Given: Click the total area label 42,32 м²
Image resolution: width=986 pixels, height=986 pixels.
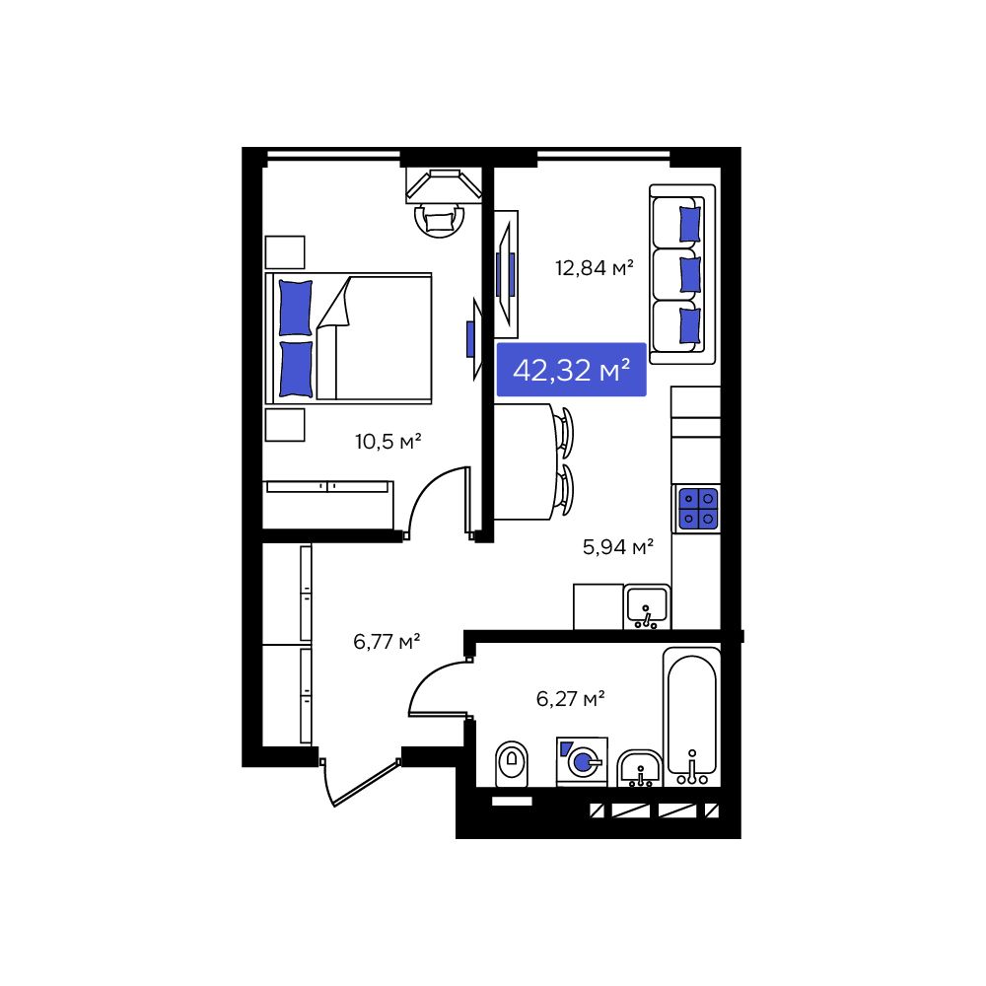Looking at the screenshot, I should pos(571,370).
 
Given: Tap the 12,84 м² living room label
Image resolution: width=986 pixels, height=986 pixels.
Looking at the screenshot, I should pos(593,266).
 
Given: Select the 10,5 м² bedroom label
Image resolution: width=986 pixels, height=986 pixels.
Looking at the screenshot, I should pos(388,441).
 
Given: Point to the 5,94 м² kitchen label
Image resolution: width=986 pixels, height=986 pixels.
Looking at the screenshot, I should pos(619,546).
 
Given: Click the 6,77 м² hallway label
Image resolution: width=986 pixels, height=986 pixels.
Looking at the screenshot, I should pos(387,642).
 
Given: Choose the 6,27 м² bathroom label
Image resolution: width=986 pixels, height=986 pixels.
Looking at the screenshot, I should pos(570,699).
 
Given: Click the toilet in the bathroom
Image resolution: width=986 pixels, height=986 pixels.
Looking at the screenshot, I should pos(510,762).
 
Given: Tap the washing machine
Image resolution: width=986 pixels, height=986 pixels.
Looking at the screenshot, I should pos(582,761).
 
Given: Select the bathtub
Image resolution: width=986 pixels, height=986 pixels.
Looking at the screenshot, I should pos(691,715).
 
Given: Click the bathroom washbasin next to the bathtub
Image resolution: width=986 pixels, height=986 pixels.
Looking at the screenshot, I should pos(641,767).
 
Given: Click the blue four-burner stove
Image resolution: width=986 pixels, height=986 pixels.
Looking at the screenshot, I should pos(697,508).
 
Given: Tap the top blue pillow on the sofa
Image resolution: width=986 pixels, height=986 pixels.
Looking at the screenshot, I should pos(690,223).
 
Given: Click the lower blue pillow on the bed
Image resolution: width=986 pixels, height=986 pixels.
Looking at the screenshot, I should pos(295,369).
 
